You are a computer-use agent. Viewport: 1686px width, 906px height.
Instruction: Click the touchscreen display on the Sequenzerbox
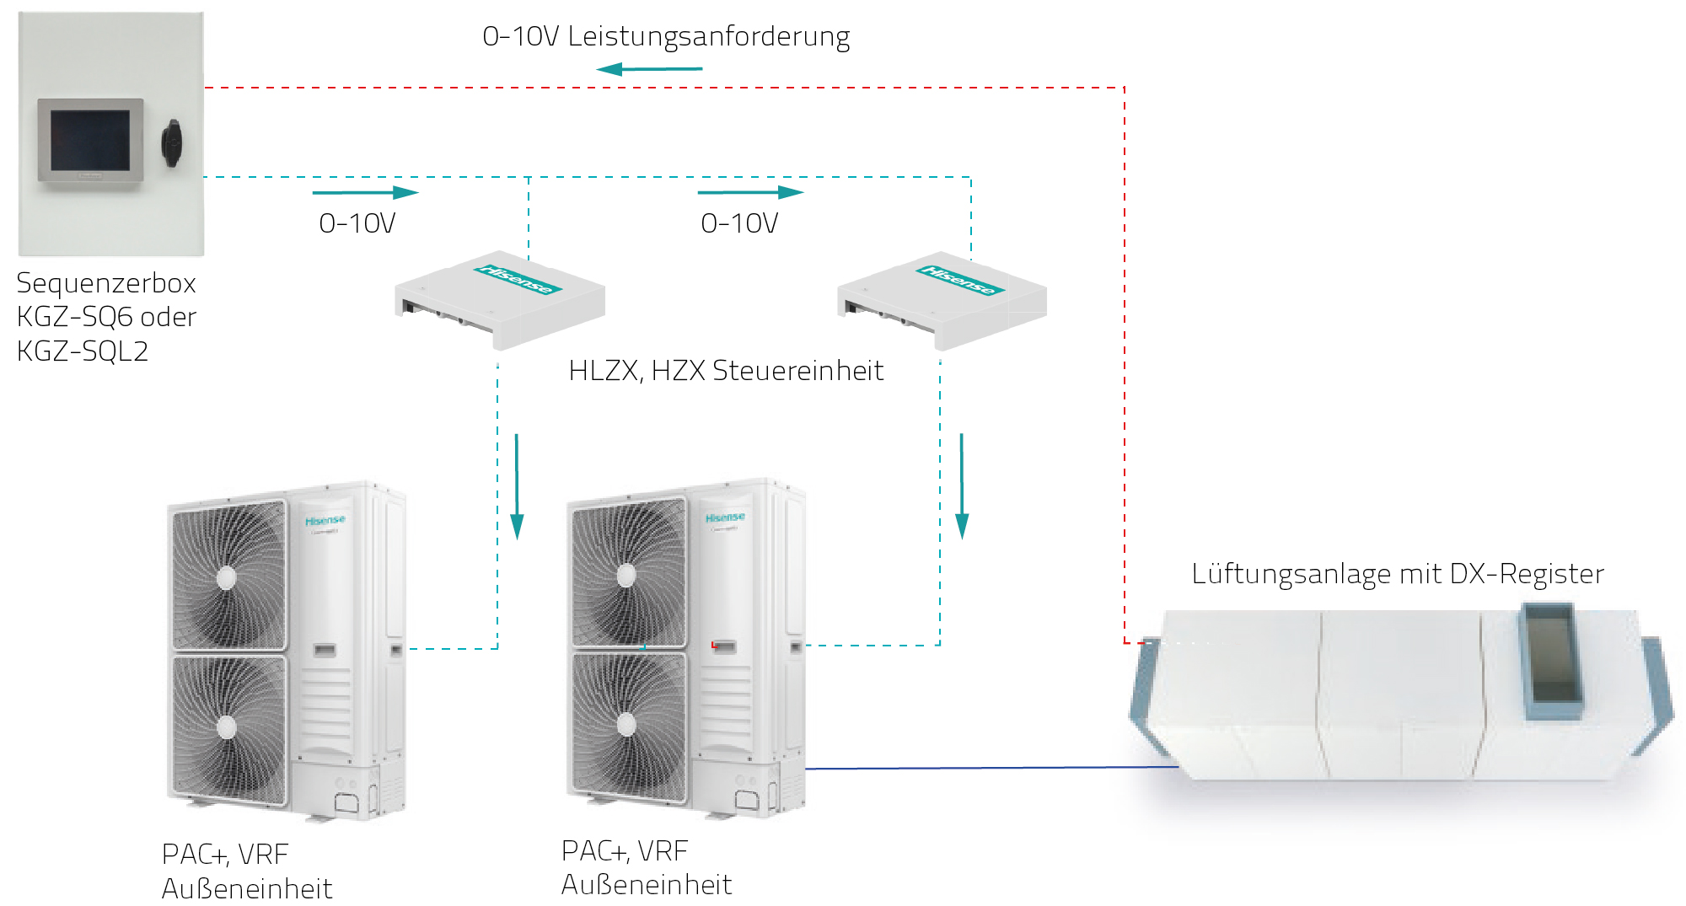(90, 141)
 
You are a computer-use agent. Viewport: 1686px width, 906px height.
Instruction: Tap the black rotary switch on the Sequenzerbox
(172, 142)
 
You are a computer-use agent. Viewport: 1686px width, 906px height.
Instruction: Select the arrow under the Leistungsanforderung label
(648, 69)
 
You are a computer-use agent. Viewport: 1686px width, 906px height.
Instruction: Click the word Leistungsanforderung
(708, 36)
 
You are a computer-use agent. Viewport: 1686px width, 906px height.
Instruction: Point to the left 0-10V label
(357, 223)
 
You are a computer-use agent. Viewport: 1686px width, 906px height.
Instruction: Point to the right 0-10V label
(739, 223)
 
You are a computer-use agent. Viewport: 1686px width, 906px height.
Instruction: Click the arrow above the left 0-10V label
(365, 192)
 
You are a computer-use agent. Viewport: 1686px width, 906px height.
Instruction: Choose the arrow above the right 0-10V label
(750, 192)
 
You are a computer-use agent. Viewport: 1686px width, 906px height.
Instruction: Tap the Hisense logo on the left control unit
(518, 279)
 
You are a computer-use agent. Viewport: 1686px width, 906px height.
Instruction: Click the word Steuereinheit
(797, 371)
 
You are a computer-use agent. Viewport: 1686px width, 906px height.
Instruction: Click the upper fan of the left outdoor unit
(227, 577)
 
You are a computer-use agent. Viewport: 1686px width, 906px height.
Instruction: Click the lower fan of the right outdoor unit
(626, 724)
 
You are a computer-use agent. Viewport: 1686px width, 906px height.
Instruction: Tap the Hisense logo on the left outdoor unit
(325, 521)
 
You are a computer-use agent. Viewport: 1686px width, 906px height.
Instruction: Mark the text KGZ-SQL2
(83, 351)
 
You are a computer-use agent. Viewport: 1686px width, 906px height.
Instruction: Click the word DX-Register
(1527, 574)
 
